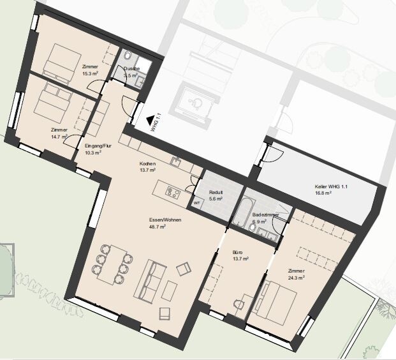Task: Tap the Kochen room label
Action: (x=147, y=163)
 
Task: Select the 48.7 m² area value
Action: (x=158, y=227)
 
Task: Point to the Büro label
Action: (x=237, y=252)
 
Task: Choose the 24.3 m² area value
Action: (x=297, y=278)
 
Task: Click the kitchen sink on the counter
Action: (x=175, y=161)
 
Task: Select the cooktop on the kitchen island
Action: (x=173, y=193)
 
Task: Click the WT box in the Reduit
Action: (x=197, y=203)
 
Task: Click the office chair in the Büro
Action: (x=238, y=304)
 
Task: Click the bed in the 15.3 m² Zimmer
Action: (x=62, y=64)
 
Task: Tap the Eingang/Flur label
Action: (x=98, y=146)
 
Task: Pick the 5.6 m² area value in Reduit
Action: (x=216, y=199)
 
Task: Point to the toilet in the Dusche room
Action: (x=128, y=56)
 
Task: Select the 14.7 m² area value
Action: (x=59, y=137)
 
